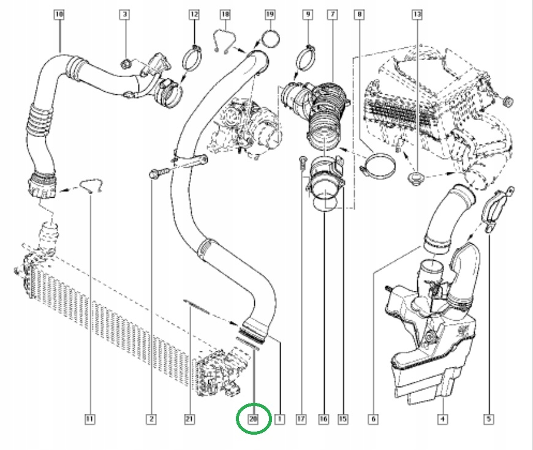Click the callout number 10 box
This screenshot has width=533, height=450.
[59, 13]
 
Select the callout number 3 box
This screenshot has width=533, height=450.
[124, 13]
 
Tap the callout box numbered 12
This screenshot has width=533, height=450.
[194, 13]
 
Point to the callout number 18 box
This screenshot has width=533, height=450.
[225, 13]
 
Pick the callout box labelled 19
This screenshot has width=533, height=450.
[270, 13]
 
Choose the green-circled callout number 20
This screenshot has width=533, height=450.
[253, 419]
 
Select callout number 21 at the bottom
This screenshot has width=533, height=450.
[189, 419]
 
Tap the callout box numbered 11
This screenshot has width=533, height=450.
[89, 419]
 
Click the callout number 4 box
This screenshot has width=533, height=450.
[442, 419]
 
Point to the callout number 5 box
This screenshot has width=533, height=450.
[489, 419]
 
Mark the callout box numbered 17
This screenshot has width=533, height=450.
[300, 419]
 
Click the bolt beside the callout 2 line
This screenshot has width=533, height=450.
[154, 174]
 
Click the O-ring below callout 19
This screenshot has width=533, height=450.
[270, 40]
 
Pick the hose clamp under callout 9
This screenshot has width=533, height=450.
[306, 59]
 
